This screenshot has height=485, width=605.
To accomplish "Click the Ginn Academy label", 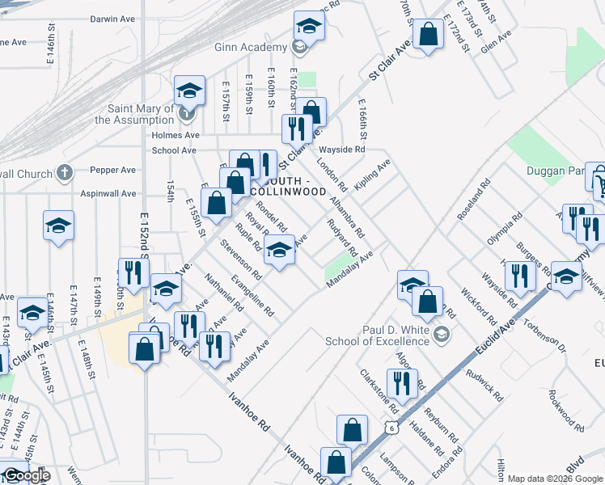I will (x=251, y=48).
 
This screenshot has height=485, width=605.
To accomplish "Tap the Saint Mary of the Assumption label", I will (x=134, y=114).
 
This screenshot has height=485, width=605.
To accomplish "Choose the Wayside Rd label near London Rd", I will (x=343, y=150).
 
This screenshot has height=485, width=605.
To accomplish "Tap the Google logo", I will (x=27, y=476).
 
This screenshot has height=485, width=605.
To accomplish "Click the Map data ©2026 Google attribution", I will (x=555, y=479).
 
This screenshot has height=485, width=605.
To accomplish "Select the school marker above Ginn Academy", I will (x=308, y=27).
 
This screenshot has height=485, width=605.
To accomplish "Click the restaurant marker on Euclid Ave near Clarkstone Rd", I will (x=402, y=384).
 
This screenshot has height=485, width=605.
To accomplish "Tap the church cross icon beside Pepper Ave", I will (x=67, y=171).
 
